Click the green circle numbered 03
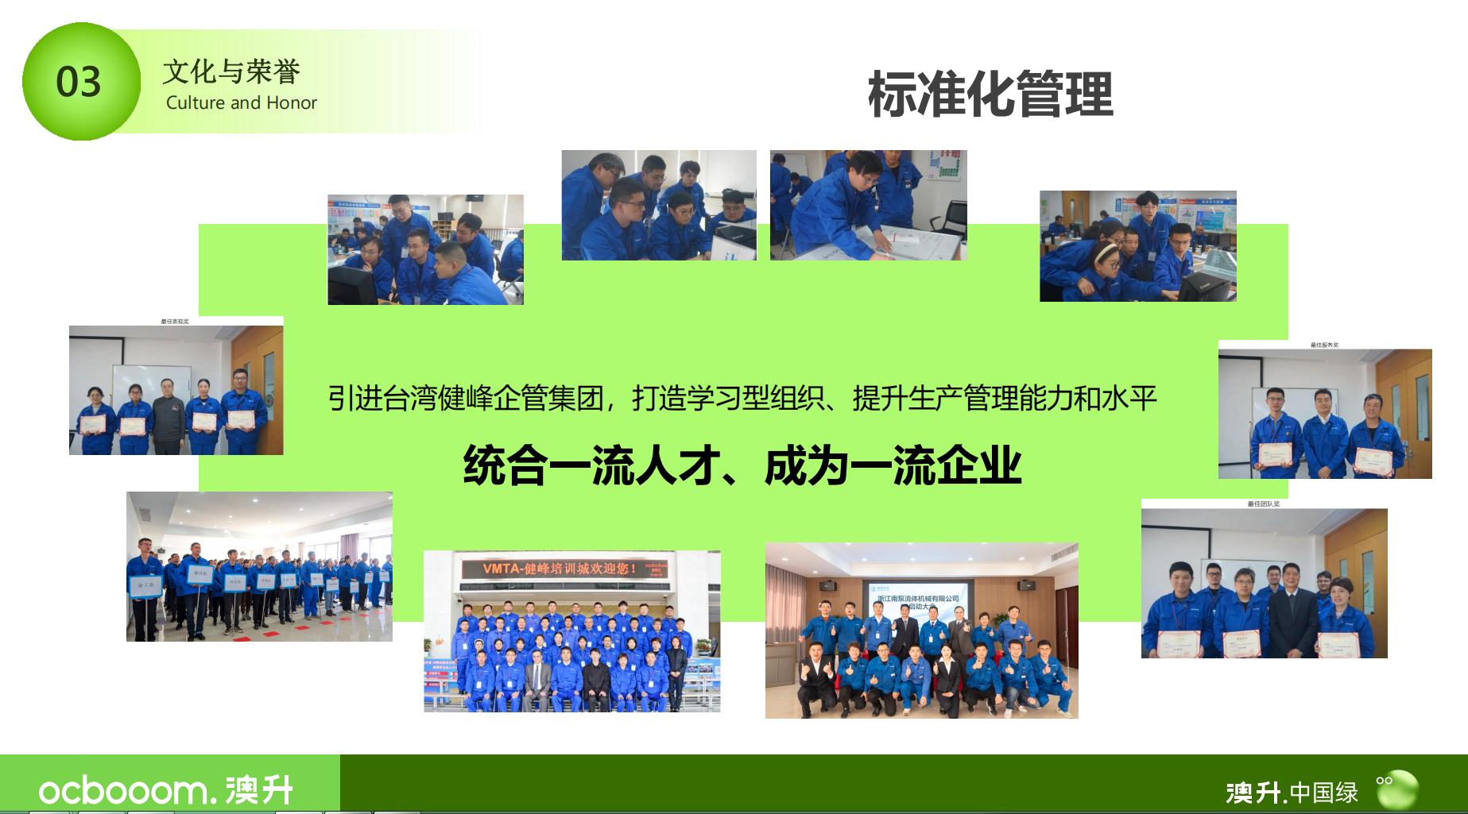[x=79, y=82]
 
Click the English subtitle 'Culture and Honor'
[x=241, y=102]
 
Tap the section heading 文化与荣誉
[x=230, y=71]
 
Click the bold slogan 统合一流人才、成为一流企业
[x=742, y=465]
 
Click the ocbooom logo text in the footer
[x=123, y=790]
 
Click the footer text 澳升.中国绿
[x=1292, y=792]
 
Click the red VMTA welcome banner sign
[x=571, y=569]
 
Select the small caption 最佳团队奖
[x=1263, y=503]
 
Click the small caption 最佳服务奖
[x=1324, y=345]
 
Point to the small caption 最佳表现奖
[x=175, y=321]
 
